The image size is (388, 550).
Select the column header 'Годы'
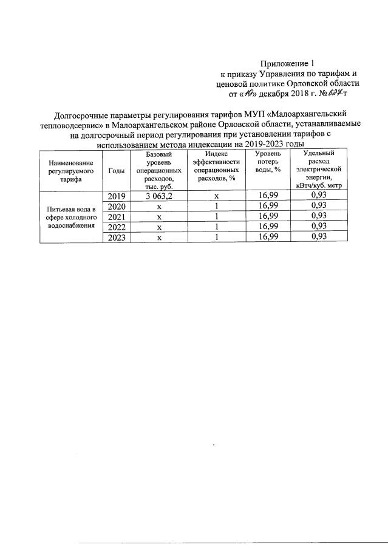(x=116, y=171)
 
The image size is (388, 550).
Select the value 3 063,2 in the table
(x=159, y=196)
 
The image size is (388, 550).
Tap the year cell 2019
(x=116, y=196)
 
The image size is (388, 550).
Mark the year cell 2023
(x=116, y=238)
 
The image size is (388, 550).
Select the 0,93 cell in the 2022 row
(x=319, y=227)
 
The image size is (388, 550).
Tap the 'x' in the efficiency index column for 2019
(x=216, y=196)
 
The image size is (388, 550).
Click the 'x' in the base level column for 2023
(x=159, y=238)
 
